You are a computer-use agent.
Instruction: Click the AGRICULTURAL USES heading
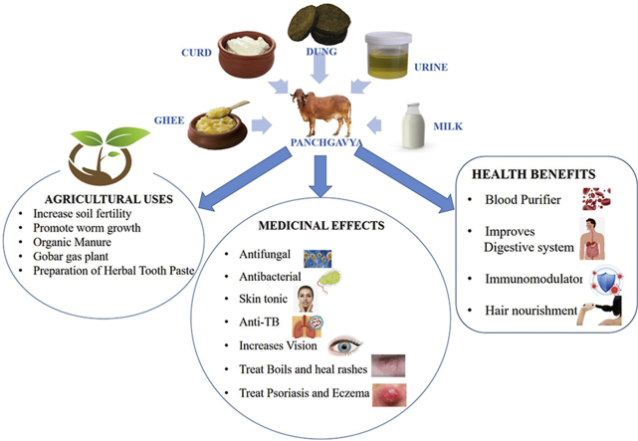(x=112, y=198)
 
